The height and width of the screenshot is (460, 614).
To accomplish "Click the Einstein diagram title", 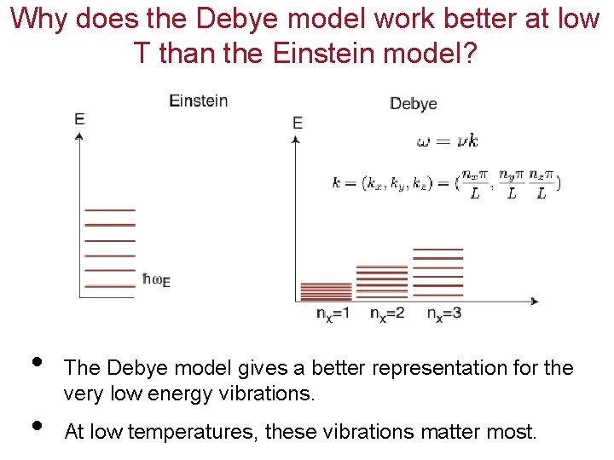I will (199, 101).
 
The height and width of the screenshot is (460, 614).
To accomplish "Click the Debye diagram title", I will (413, 104).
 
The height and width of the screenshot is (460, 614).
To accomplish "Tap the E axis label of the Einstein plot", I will (79, 119).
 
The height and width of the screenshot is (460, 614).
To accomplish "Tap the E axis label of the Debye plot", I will (297, 124).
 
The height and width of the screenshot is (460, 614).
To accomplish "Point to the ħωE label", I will (156, 279).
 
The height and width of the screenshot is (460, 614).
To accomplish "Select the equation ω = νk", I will (447, 141).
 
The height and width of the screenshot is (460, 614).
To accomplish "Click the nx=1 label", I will (333, 313).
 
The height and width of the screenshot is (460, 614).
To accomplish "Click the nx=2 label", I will (387, 313).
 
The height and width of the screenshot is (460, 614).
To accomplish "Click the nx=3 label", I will (444, 313).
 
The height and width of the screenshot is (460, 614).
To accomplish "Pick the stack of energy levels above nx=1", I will (327, 290).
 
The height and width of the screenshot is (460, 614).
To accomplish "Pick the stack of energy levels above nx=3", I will (437, 273).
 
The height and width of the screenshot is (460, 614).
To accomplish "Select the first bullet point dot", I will (35, 359).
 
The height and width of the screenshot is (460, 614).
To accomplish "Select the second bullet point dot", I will (35, 424).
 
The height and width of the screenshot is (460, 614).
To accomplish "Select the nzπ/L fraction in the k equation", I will (542, 184).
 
